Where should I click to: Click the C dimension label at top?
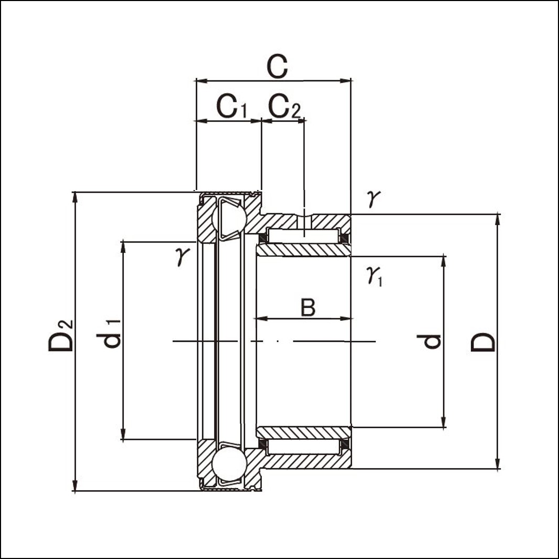click(277, 67)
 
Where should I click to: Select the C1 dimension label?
click(231, 107)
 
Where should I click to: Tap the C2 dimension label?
click(284, 107)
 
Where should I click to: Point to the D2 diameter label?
click(61, 335)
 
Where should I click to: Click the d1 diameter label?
click(109, 334)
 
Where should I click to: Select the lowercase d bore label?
click(429, 342)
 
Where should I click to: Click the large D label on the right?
click(483, 342)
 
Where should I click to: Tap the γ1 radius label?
click(374, 276)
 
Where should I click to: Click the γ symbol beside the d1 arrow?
click(182, 256)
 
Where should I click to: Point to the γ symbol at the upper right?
click(373, 198)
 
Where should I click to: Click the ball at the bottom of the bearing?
click(229, 464)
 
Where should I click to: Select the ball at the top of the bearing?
click(229, 218)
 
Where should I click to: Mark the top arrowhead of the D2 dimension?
click(75, 197)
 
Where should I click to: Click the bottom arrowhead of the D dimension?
click(498, 463)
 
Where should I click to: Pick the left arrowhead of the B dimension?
click(262, 319)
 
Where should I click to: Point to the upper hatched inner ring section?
click(303, 250)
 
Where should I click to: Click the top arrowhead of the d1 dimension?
click(123, 247)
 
